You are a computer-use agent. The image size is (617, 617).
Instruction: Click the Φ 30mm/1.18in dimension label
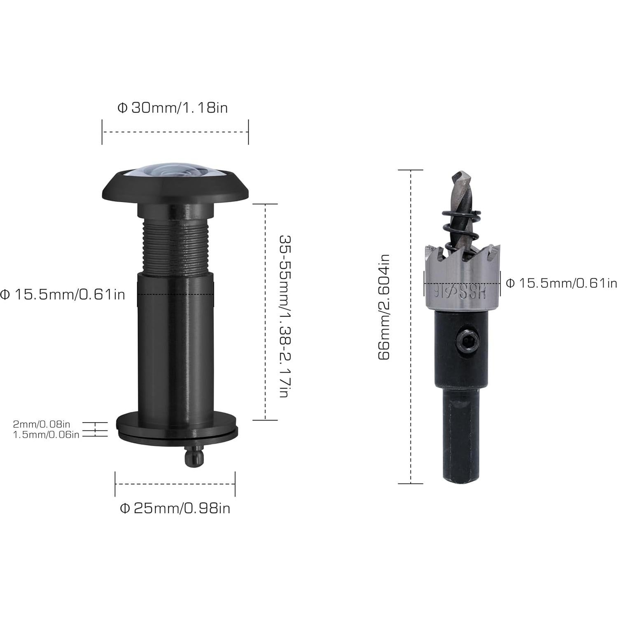[x=173, y=108]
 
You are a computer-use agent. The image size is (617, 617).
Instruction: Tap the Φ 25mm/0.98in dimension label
[x=175, y=508]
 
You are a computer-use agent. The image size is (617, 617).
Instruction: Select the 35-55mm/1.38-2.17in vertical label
[x=285, y=316]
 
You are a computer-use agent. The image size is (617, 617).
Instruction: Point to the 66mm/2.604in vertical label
[x=384, y=306]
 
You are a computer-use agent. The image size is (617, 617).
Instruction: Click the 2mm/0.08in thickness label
[x=42, y=423]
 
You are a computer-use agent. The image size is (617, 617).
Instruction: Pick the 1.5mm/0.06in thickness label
[x=46, y=434]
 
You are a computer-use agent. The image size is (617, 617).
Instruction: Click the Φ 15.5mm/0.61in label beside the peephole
[x=63, y=294]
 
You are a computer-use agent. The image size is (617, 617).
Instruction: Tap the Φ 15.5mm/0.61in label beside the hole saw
[x=561, y=283]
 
